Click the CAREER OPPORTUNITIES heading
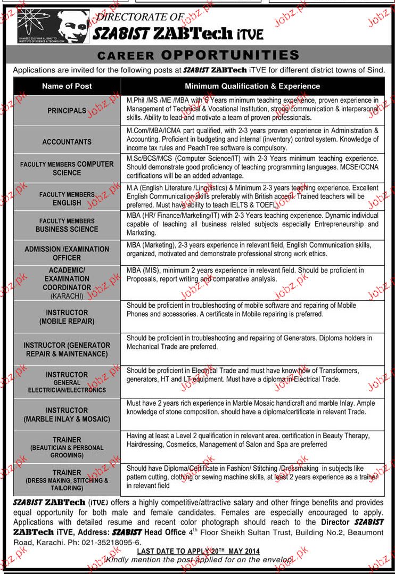click(x=197, y=55)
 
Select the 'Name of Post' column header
click(x=67, y=86)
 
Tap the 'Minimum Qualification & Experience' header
click(x=252, y=86)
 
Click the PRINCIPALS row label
click(x=67, y=111)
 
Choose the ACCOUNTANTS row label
click(x=67, y=142)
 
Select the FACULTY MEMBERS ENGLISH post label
click(x=67, y=199)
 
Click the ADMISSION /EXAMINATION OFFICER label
click(x=67, y=253)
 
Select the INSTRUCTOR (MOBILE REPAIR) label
click(x=67, y=317)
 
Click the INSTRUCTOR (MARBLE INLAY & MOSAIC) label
click(x=67, y=415)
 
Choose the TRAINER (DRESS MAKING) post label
click(x=67, y=477)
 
